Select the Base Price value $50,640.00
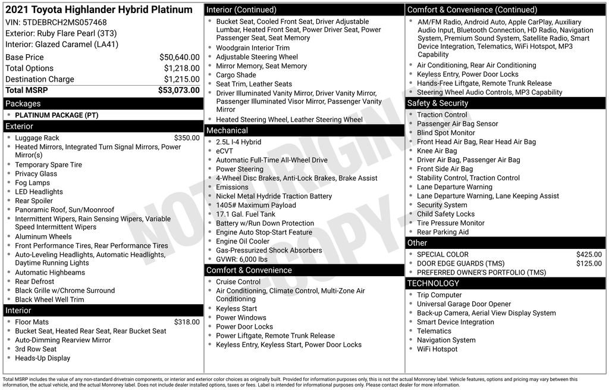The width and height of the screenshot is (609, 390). coord(179,57)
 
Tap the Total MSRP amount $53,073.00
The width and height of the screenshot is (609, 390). coord(178,91)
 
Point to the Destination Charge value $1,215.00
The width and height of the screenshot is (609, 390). coord(181,79)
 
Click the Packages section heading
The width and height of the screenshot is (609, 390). coord(23,104)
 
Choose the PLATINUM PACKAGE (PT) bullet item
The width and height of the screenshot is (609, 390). coord(57,115)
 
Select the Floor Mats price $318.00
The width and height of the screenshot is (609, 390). coord(187,322)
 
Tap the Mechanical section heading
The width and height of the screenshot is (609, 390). coord(227,130)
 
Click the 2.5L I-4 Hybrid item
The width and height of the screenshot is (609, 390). coord(238,142)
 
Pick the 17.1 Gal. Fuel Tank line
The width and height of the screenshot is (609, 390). coord(246,214)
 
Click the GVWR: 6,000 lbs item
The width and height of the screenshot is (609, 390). coord(241,260)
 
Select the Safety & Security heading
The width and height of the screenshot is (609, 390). coord(438,103)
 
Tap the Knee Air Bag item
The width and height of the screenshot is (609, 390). coord(437,151)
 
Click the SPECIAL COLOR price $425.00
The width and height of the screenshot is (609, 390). coord(589,255)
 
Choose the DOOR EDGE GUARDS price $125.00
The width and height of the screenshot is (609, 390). coord(589,264)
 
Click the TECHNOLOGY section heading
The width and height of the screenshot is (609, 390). coord(433,283)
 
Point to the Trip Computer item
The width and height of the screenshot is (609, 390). coord(439,295)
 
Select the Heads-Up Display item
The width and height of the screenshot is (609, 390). coord(43,358)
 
